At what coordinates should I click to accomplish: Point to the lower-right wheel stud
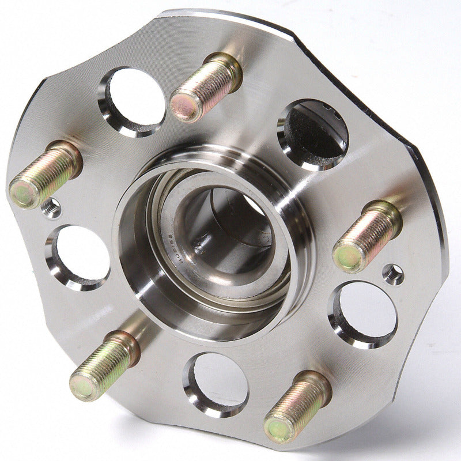coord(297,406)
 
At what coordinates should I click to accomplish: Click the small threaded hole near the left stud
coord(52,207)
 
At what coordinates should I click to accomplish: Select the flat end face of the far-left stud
coord(22,194)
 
